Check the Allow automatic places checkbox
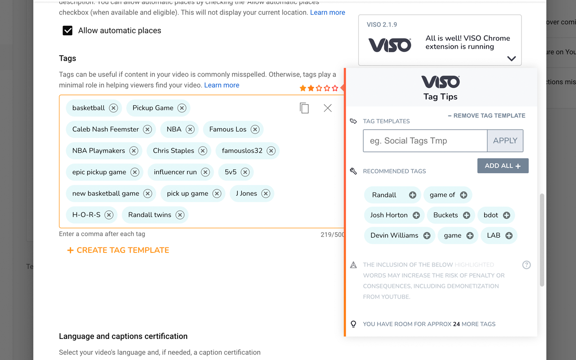(67, 31)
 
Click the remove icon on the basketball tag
(113, 108)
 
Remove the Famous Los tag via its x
(255, 130)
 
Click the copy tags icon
(304, 108)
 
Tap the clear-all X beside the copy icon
(328, 108)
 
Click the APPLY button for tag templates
(505, 141)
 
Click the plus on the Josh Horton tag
(416, 216)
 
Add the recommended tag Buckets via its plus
(467, 216)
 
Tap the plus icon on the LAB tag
(509, 236)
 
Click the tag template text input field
(425, 141)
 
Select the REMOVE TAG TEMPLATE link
(486, 116)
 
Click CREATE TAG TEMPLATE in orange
(118, 250)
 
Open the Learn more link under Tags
(222, 85)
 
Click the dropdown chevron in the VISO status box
(511, 58)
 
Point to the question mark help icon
(526, 265)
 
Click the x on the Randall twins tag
(180, 215)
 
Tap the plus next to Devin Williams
(427, 236)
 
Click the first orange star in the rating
(303, 88)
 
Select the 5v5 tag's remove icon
(245, 172)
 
